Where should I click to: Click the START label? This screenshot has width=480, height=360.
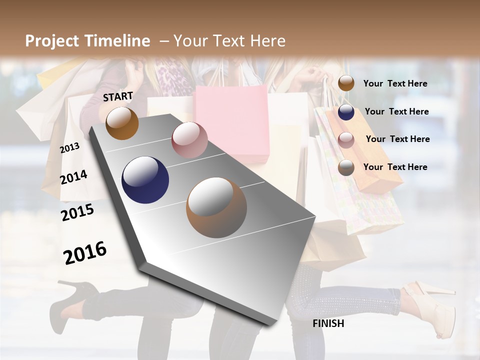click(x=118, y=96)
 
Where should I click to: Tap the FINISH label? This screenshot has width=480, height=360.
click(x=328, y=323)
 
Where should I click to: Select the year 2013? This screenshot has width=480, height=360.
click(x=69, y=147)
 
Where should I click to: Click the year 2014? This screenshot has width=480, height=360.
click(x=73, y=177)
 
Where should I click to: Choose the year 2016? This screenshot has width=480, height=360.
click(x=85, y=252)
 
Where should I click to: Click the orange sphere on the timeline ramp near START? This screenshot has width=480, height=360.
click(x=122, y=123)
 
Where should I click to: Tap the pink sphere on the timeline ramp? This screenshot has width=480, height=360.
click(x=189, y=140)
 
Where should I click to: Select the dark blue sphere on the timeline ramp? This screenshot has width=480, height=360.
click(x=145, y=180)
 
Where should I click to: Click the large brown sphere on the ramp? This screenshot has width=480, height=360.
click(x=216, y=207)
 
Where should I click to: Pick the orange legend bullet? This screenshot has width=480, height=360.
click(x=346, y=83)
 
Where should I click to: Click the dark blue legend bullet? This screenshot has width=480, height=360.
click(x=346, y=112)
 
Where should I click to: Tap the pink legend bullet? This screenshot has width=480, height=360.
click(x=346, y=140)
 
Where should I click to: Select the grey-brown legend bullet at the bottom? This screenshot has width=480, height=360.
click(x=346, y=167)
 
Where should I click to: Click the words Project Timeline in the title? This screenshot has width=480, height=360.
click(x=87, y=41)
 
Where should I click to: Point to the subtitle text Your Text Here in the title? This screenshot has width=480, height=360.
click(x=229, y=41)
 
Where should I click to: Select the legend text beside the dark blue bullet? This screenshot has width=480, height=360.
click(x=396, y=111)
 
